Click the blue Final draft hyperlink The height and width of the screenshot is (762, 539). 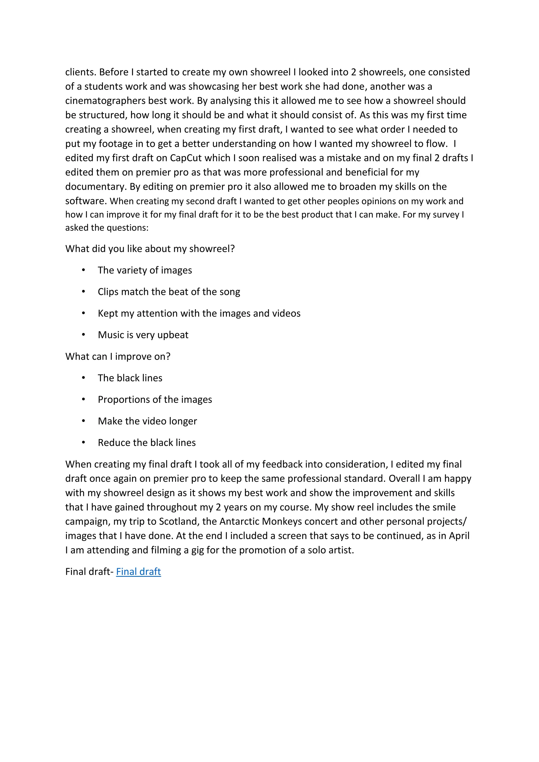[138, 571]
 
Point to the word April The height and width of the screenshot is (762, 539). [459, 536]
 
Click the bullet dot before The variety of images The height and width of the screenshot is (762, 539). [84, 270]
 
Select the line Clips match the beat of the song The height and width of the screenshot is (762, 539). [169, 292]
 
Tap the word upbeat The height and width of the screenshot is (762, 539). [173, 335]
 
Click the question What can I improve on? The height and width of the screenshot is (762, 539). [118, 357]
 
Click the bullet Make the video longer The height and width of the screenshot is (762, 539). [147, 421]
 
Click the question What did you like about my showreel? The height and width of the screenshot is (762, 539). [150, 249]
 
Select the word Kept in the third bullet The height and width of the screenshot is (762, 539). [108, 313]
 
